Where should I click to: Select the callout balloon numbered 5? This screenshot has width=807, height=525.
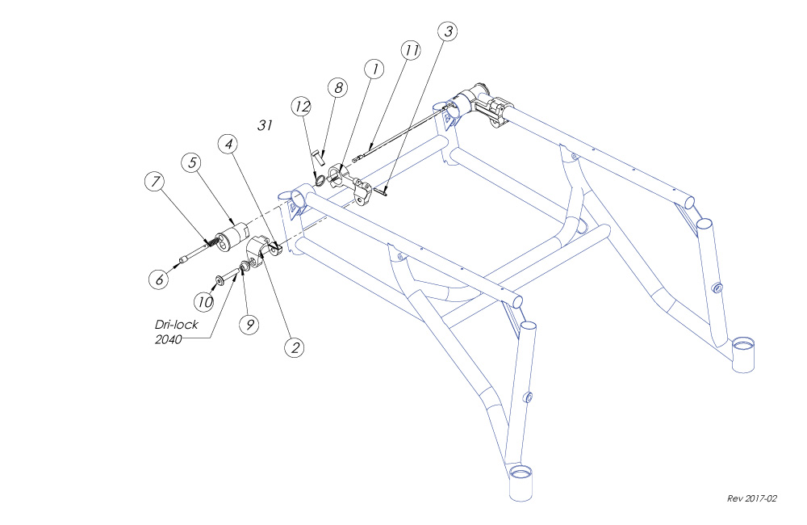point(192,162)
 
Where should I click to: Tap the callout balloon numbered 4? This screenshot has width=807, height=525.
point(229,144)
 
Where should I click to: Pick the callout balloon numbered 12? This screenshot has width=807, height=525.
point(302,107)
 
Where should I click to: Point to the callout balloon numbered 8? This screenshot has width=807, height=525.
point(337,87)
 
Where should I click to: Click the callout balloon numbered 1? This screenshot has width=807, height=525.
point(373,69)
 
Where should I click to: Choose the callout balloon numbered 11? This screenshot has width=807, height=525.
point(411,50)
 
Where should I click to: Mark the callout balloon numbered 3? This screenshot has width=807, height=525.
point(448,31)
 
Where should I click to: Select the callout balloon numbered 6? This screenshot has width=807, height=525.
point(158,279)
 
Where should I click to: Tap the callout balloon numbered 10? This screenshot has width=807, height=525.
point(204,301)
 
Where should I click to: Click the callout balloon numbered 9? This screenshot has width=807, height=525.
point(249,324)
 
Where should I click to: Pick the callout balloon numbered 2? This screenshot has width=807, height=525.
point(295,347)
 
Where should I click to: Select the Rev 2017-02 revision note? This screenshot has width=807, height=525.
point(751,498)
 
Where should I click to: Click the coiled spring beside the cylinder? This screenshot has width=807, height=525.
point(212,241)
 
